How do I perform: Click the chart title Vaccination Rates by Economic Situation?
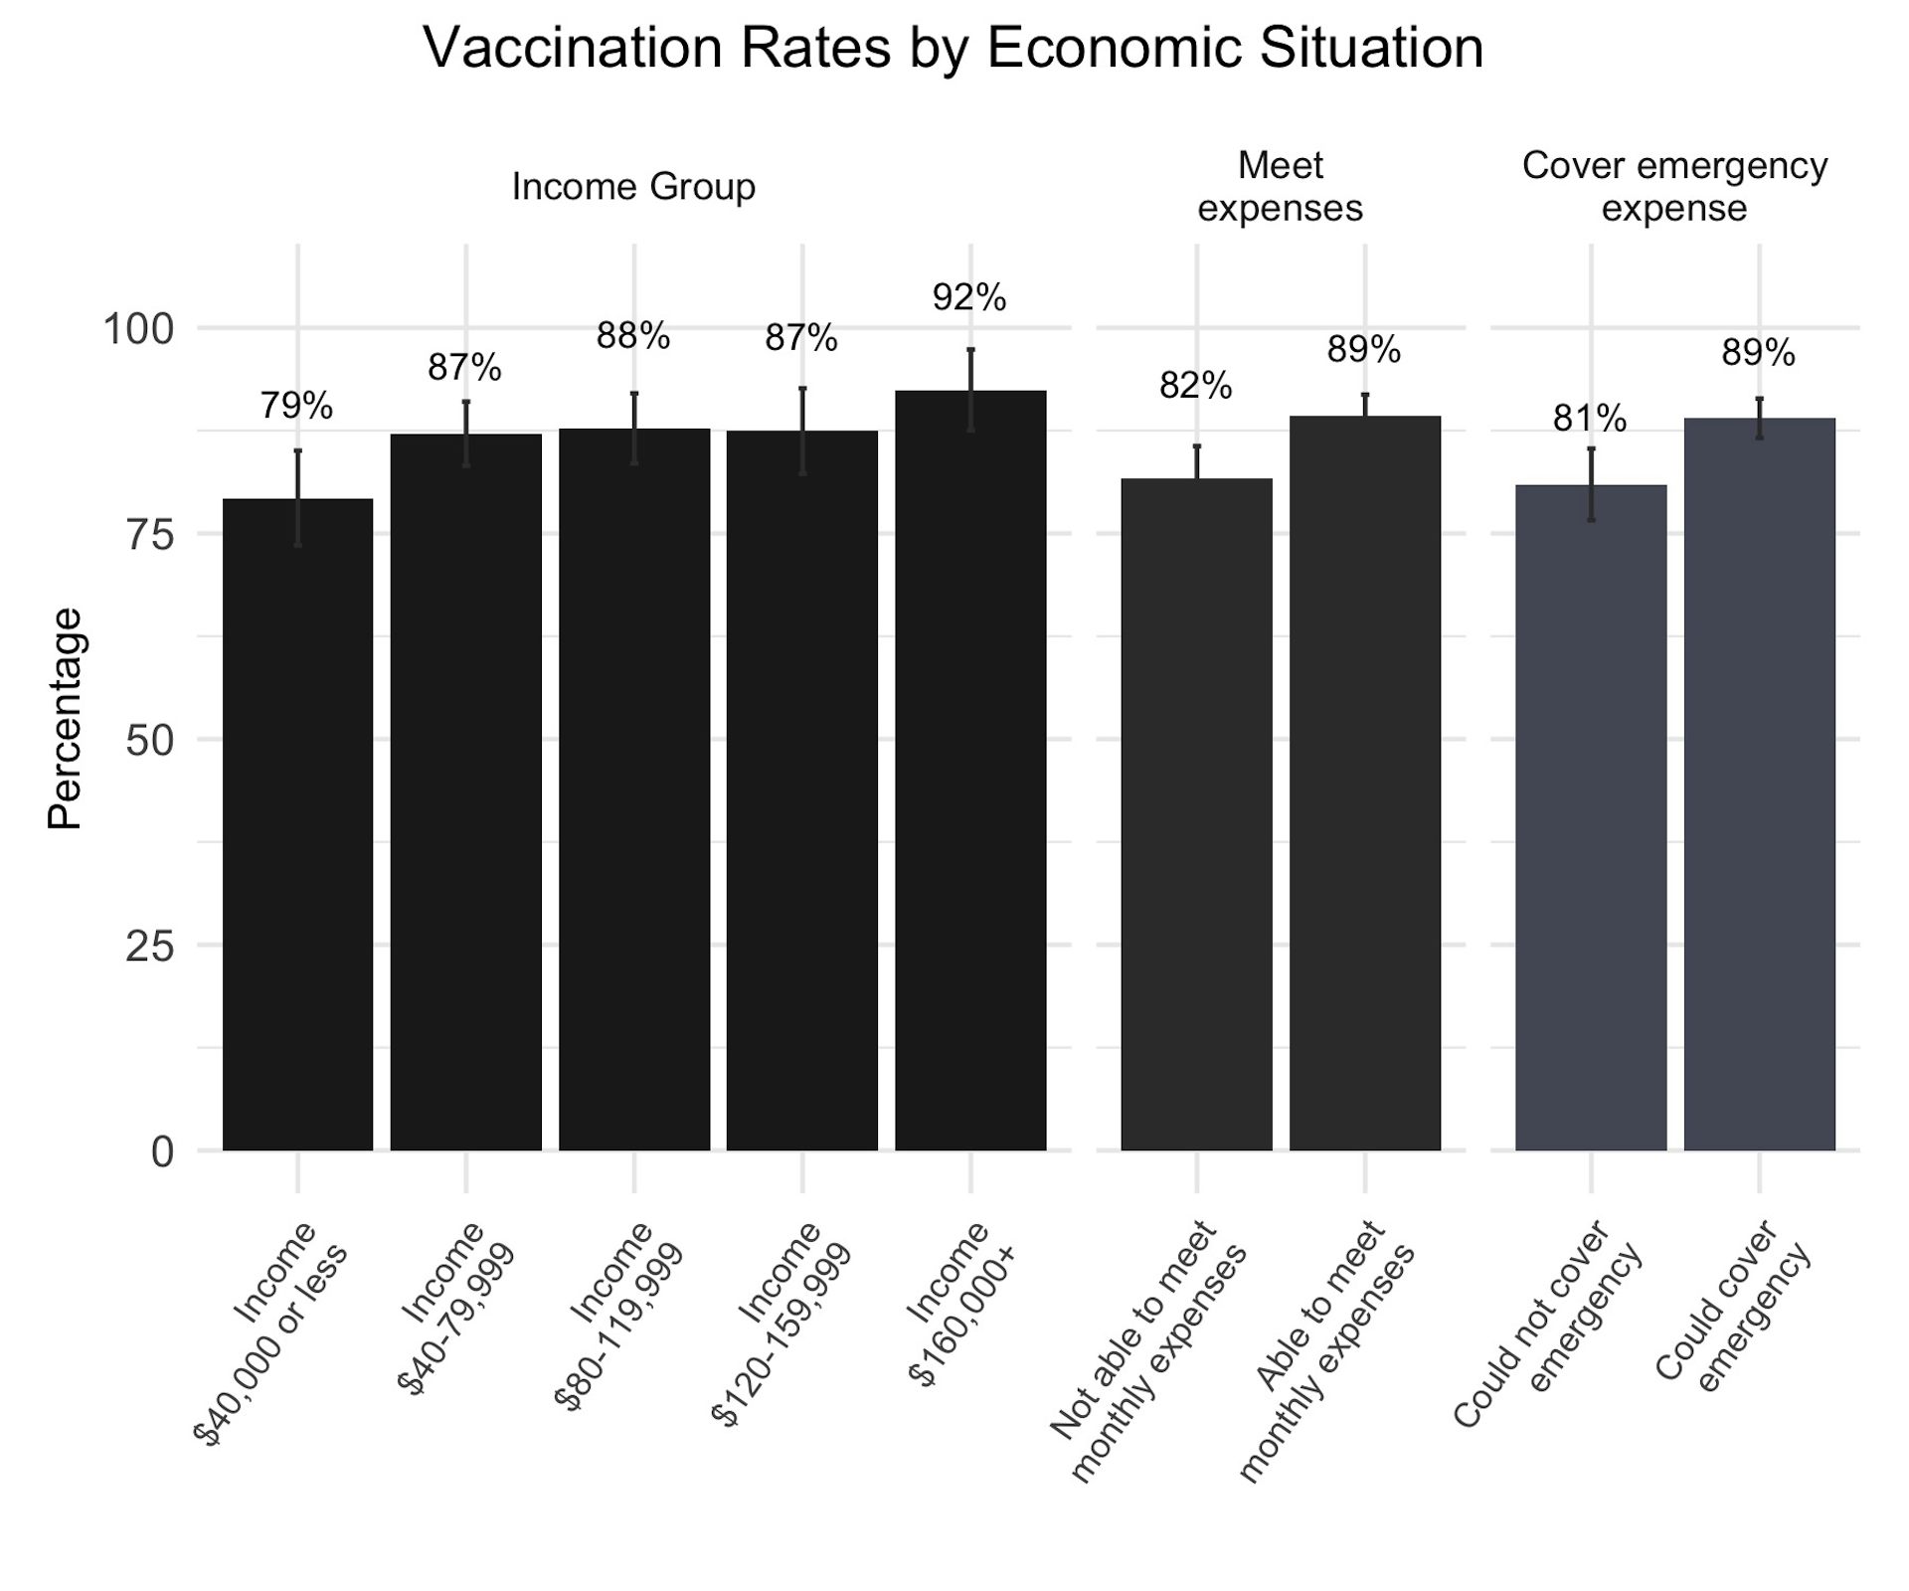[953, 48]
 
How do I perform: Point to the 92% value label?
[969, 297]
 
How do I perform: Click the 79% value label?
[296, 406]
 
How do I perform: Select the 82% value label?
[1195, 385]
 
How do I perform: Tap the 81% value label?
[1590, 420]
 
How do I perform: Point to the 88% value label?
[633, 337]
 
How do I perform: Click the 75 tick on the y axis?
[149, 535]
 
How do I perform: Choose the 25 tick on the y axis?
[149, 946]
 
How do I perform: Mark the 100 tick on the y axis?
[138, 329]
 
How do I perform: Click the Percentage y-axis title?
[66, 718]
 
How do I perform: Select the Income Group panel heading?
[633, 187]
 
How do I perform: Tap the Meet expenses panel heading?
[1280, 187]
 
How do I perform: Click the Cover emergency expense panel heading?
[1674, 187]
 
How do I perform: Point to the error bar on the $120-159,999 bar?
[802, 430]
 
